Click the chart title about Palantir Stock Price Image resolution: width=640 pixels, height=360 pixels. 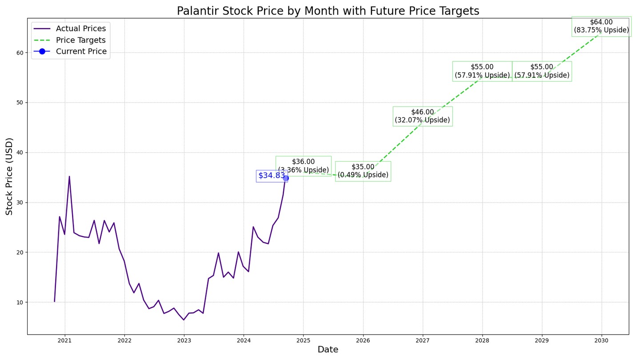pyautogui.click(x=328, y=11)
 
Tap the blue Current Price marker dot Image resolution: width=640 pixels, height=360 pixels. pyautogui.click(x=286, y=178)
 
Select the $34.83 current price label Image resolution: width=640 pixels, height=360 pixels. pyautogui.click(x=272, y=176)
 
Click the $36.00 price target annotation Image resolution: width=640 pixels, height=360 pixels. pyautogui.click(x=303, y=166)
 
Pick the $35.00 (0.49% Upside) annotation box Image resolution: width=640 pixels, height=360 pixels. pyautogui.click(x=363, y=171)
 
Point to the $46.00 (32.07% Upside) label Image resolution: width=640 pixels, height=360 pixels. pyautogui.click(x=422, y=116)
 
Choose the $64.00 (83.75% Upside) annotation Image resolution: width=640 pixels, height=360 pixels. pyautogui.click(x=601, y=26)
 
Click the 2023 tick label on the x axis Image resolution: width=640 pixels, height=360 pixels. pyautogui.click(x=184, y=340)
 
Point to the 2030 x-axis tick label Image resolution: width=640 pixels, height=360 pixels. pyautogui.click(x=601, y=340)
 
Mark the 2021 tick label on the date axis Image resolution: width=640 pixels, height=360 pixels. pyautogui.click(x=65, y=340)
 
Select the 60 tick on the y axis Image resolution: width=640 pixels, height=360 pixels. pyautogui.click(x=20, y=52)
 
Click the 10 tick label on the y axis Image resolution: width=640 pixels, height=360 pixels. pyautogui.click(x=20, y=302)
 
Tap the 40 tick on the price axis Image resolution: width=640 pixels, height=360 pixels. pyautogui.click(x=20, y=152)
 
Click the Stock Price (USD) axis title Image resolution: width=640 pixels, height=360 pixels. pyautogui.click(x=9, y=176)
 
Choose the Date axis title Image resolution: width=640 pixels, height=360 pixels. pyautogui.click(x=328, y=350)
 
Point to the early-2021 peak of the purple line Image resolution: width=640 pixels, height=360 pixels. pyautogui.click(x=69, y=176)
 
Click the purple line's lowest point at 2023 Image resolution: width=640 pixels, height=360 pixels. pyautogui.click(x=184, y=320)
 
